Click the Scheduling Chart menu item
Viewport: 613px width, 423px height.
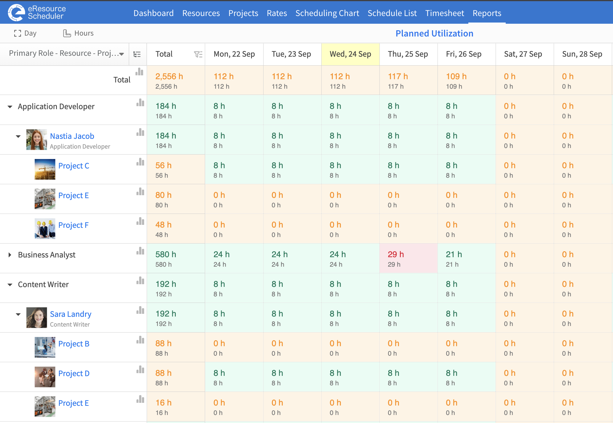(x=327, y=13)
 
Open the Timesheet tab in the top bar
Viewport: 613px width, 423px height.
(x=445, y=13)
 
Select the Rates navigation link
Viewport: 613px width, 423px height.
(x=277, y=13)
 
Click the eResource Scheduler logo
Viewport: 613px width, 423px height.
(x=37, y=12)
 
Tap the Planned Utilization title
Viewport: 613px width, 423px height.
(x=435, y=33)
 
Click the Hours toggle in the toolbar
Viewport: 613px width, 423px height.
(x=78, y=33)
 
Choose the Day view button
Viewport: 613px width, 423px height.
(x=25, y=33)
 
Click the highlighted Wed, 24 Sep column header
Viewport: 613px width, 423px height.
(x=350, y=54)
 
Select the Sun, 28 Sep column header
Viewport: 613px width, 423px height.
(x=582, y=54)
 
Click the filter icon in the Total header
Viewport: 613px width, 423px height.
(x=198, y=54)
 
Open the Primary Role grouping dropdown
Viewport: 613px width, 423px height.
(x=66, y=53)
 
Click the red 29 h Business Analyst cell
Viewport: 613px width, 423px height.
(x=408, y=258)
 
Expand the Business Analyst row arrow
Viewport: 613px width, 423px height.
(x=10, y=255)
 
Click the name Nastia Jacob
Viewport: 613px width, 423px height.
(x=72, y=136)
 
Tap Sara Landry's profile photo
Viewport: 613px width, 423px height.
(x=36, y=317)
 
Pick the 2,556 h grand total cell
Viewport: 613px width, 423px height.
(x=176, y=80)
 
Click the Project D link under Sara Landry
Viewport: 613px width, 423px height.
(x=74, y=373)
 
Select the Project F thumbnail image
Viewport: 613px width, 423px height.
(x=45, y=228)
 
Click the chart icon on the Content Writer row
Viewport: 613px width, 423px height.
(x=140, y=281)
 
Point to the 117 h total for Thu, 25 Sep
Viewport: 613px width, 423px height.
(x=398, y=77)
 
